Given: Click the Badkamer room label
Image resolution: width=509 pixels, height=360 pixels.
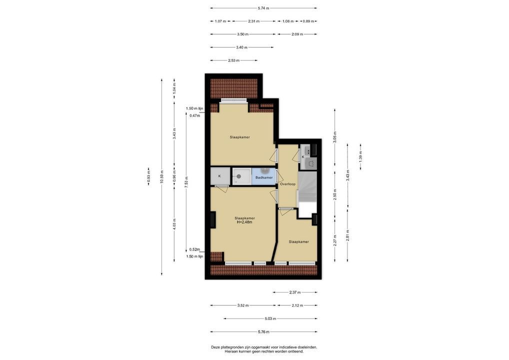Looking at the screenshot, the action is [264, 177].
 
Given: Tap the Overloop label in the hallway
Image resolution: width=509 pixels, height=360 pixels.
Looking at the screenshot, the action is [287, 184].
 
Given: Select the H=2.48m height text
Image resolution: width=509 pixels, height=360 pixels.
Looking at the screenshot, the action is [244, 222].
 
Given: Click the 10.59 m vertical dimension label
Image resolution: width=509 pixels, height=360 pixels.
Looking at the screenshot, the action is [161, 177].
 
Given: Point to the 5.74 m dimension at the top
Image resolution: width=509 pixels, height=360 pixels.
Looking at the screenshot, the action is [263, 8].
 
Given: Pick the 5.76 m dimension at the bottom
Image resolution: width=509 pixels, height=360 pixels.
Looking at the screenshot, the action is [263, 332].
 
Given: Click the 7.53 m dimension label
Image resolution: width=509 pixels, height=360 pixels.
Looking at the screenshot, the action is [186, 182].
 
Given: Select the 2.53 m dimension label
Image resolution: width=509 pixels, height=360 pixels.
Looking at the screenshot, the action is [233, 60].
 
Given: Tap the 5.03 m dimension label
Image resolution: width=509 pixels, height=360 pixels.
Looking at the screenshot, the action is [270, 318].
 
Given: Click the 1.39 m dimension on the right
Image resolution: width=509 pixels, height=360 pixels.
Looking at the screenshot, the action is [360, 157].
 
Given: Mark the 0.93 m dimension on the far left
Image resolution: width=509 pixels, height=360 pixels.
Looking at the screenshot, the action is [148, 176].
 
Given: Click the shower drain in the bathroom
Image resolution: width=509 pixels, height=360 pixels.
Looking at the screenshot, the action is [238, 176].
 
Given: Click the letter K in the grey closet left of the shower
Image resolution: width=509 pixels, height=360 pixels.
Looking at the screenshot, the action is [219, 176].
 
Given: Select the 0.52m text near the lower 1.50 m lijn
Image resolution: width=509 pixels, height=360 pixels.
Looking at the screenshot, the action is [194, 249].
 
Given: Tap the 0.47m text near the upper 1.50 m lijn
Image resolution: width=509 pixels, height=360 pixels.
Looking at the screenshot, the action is [195, 115].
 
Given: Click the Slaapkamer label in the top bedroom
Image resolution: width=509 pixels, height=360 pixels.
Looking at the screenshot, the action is [240, 137].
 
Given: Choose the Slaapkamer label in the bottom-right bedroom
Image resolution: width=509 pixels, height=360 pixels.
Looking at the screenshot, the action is [298, 242].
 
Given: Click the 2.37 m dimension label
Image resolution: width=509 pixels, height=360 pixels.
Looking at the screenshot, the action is [295, 292].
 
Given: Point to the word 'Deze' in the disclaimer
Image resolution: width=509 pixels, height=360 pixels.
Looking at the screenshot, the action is [215, 347].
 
